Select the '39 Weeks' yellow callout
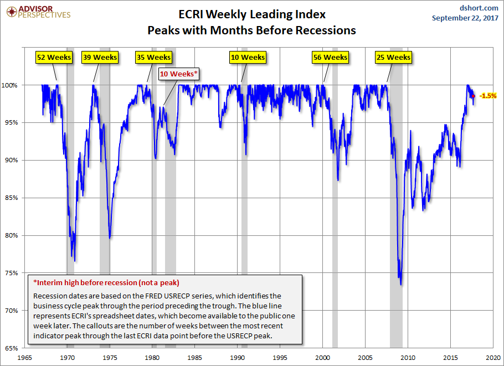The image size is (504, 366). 100,57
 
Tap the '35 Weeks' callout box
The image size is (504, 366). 153,57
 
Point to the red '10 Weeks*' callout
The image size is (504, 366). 179,73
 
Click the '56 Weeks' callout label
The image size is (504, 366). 330,57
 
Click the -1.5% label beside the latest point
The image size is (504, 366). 487,96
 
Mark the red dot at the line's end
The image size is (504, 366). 473,96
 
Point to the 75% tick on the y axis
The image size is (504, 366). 11,273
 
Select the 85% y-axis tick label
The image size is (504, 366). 11,198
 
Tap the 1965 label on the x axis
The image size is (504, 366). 24,357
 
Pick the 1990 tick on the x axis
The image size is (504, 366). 238,357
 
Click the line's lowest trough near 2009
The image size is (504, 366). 400,285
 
